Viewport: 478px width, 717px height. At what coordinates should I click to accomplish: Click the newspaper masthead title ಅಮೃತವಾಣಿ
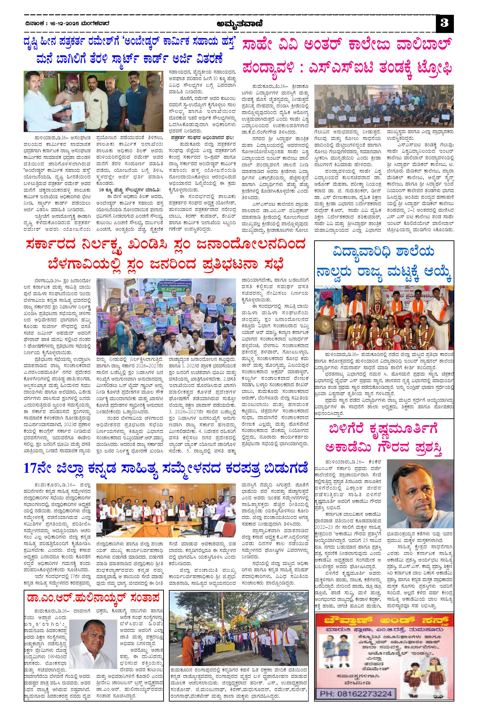pos(240,23)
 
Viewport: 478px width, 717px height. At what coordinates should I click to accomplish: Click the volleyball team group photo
pos(384,107)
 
